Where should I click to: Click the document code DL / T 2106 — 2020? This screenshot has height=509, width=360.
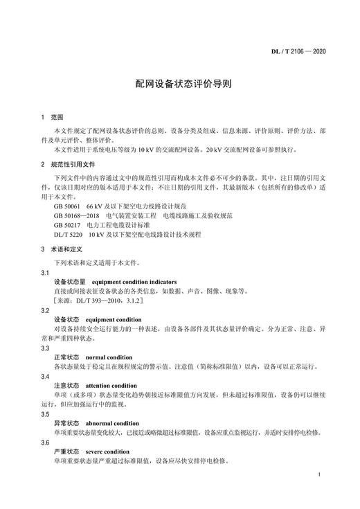316,52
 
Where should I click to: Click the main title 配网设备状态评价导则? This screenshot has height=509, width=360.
179,82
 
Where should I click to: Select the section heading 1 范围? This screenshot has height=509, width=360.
52,118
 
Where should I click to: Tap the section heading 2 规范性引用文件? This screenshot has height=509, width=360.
67,166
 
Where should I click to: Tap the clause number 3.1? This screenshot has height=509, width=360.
45,273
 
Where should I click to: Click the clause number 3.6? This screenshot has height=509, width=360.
45,442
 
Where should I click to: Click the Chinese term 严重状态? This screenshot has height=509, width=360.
66,452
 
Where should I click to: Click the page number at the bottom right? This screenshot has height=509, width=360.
317,475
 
